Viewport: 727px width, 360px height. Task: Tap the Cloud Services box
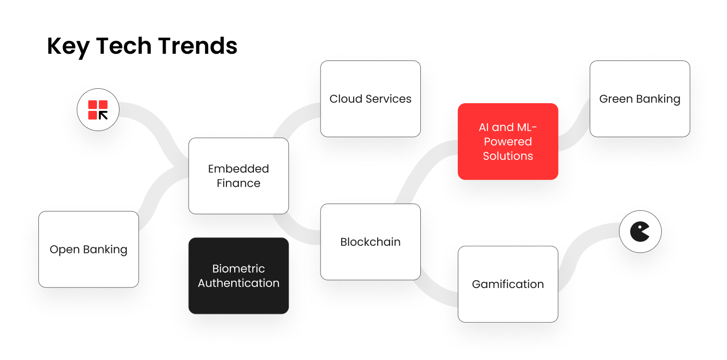tap(370, 99)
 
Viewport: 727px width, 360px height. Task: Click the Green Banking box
tap(640, 99)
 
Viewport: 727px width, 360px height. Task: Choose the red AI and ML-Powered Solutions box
tap(508, 142)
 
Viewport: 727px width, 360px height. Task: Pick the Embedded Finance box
tap(238, 176)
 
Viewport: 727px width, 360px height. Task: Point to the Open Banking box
tap(88, 250)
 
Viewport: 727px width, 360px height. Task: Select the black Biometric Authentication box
tap(238, 276)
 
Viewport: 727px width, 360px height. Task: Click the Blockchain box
tap(370, 242)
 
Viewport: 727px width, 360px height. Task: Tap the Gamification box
tap(508, 284)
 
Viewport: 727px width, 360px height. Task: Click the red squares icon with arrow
tap(98, 110)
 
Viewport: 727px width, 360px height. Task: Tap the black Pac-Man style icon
tap(640, 232)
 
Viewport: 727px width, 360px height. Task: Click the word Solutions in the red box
tap(508, 156)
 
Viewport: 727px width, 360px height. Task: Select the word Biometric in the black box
tap(238, 268)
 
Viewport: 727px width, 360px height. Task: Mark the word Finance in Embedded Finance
tap(238, 183)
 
